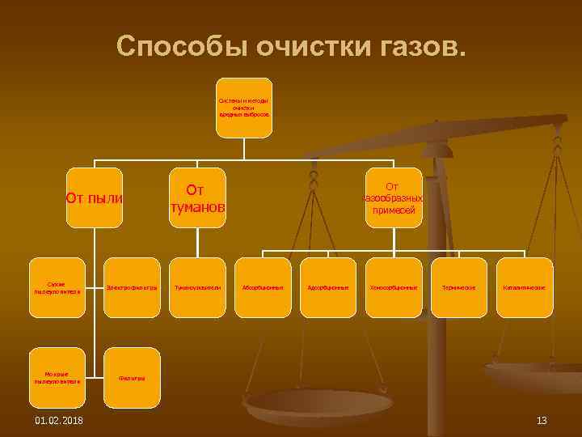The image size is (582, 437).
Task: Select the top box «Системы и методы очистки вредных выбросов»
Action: click(243, 108)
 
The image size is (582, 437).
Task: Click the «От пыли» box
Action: click(94, 197)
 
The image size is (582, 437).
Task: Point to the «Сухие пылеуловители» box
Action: click(56, 287)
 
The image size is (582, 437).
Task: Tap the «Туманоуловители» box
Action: click(196, 287)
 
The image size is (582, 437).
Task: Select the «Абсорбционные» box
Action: click(262, 287)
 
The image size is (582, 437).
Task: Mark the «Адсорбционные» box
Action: click(327, 287)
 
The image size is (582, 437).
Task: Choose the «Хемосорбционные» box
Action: click(394, 287)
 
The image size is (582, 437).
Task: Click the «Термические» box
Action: click(459, 287)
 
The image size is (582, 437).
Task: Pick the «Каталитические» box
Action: click(525, 287)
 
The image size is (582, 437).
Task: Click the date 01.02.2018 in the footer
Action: click(58, 419)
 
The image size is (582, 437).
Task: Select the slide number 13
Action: click(542, 419)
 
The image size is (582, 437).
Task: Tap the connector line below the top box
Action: click(243, 147)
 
